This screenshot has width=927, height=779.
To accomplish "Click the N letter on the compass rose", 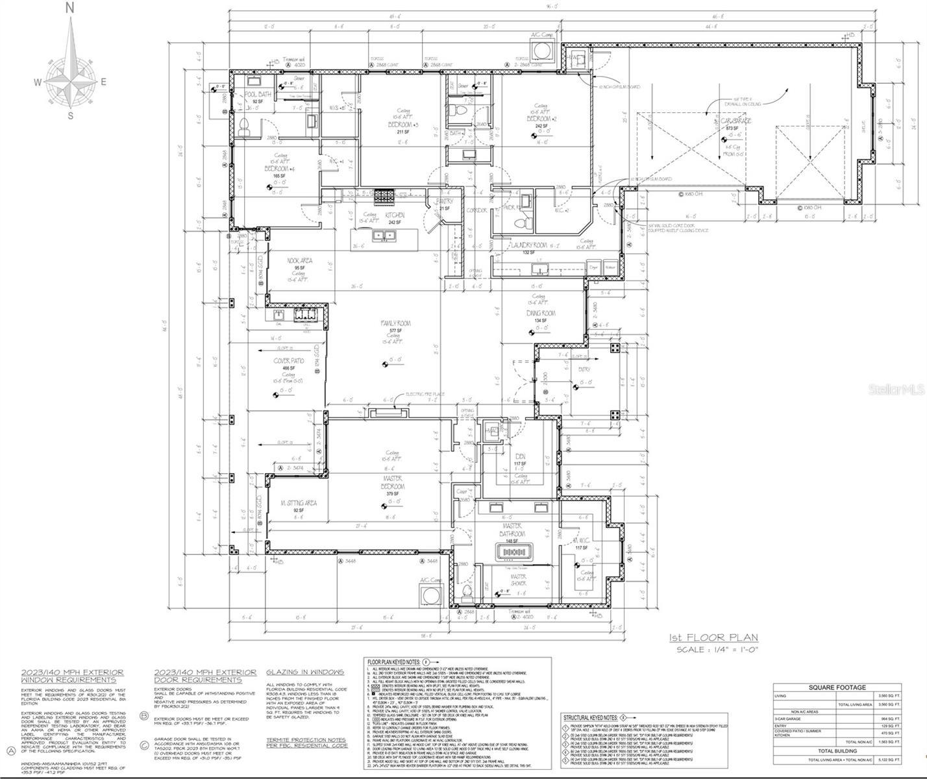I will click(70, 8).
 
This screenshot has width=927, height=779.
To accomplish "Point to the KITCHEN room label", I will click(395, 215).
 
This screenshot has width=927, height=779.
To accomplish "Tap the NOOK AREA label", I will click(300, 261).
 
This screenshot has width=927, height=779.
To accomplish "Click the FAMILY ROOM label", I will click(395, 323).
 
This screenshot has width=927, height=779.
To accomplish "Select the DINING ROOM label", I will click(541, 313).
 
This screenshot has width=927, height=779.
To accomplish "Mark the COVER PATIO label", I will click(289, 360).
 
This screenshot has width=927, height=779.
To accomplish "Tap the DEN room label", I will click(519, 456).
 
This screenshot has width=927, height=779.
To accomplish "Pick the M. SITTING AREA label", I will click(299, 503).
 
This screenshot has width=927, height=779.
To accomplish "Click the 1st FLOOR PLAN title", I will click(713, 637).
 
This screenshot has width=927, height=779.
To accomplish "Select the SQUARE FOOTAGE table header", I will click(837, 687).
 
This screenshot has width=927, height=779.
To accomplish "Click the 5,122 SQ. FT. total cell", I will click(887, 760).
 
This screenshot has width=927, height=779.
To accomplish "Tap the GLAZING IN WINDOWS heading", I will click(304, 672).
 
